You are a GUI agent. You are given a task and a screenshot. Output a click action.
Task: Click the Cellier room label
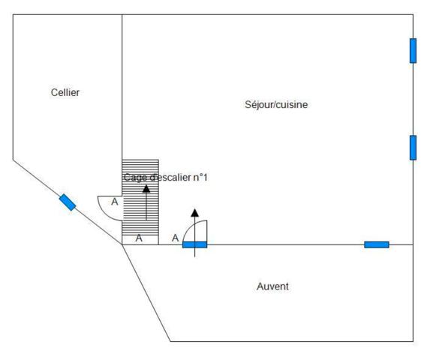(x=65, y=92)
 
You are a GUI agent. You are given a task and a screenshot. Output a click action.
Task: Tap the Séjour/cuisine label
(x=276, y=104)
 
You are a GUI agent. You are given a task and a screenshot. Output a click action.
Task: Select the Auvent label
(x=272, y=286)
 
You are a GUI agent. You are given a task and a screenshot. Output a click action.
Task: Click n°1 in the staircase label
(x=200, y=177)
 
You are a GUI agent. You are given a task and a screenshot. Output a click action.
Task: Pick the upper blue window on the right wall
(x=413, y=51)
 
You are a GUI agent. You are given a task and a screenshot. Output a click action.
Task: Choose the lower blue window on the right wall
(x=413, y=148)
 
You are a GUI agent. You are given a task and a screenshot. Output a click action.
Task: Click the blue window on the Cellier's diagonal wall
(x=68, y=202)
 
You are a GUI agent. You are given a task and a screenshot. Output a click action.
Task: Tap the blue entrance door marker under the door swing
(x=195, y=245)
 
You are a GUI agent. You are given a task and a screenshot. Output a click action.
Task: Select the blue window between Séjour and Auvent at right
(x=377, y=244)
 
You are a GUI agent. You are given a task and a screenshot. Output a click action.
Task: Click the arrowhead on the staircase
(x=146, y=189)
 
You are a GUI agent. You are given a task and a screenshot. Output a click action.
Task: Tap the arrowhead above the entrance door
(x=195, y=213)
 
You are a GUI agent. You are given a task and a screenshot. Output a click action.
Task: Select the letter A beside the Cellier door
(x=115, y=202)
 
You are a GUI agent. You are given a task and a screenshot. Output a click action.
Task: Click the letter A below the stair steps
(x=139, y=238)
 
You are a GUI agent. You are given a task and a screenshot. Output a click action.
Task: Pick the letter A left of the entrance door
(x=176, y=238)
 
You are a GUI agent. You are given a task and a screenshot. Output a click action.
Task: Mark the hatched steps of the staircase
(x=140, y=197)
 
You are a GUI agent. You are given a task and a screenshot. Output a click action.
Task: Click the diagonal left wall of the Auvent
(x=146, y=293)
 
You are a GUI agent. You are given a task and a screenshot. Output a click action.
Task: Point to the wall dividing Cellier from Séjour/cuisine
(x=122, y=87)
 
